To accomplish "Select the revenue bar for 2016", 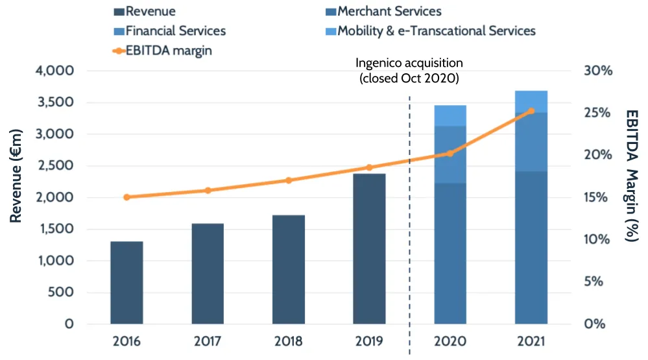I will coord(126,283).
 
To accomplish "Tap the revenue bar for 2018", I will coord(289,269).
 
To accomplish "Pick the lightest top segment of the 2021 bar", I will coord(531,101).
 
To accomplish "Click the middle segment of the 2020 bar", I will coord(450,154).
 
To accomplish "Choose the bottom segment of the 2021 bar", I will coord(531,247).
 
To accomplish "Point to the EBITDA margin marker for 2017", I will coord(208,190).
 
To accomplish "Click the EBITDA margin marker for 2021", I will coord(531,111).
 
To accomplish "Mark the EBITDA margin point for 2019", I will coord(369,167).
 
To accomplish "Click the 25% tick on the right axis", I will coord(598,113).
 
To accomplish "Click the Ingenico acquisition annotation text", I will coord(409,70).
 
